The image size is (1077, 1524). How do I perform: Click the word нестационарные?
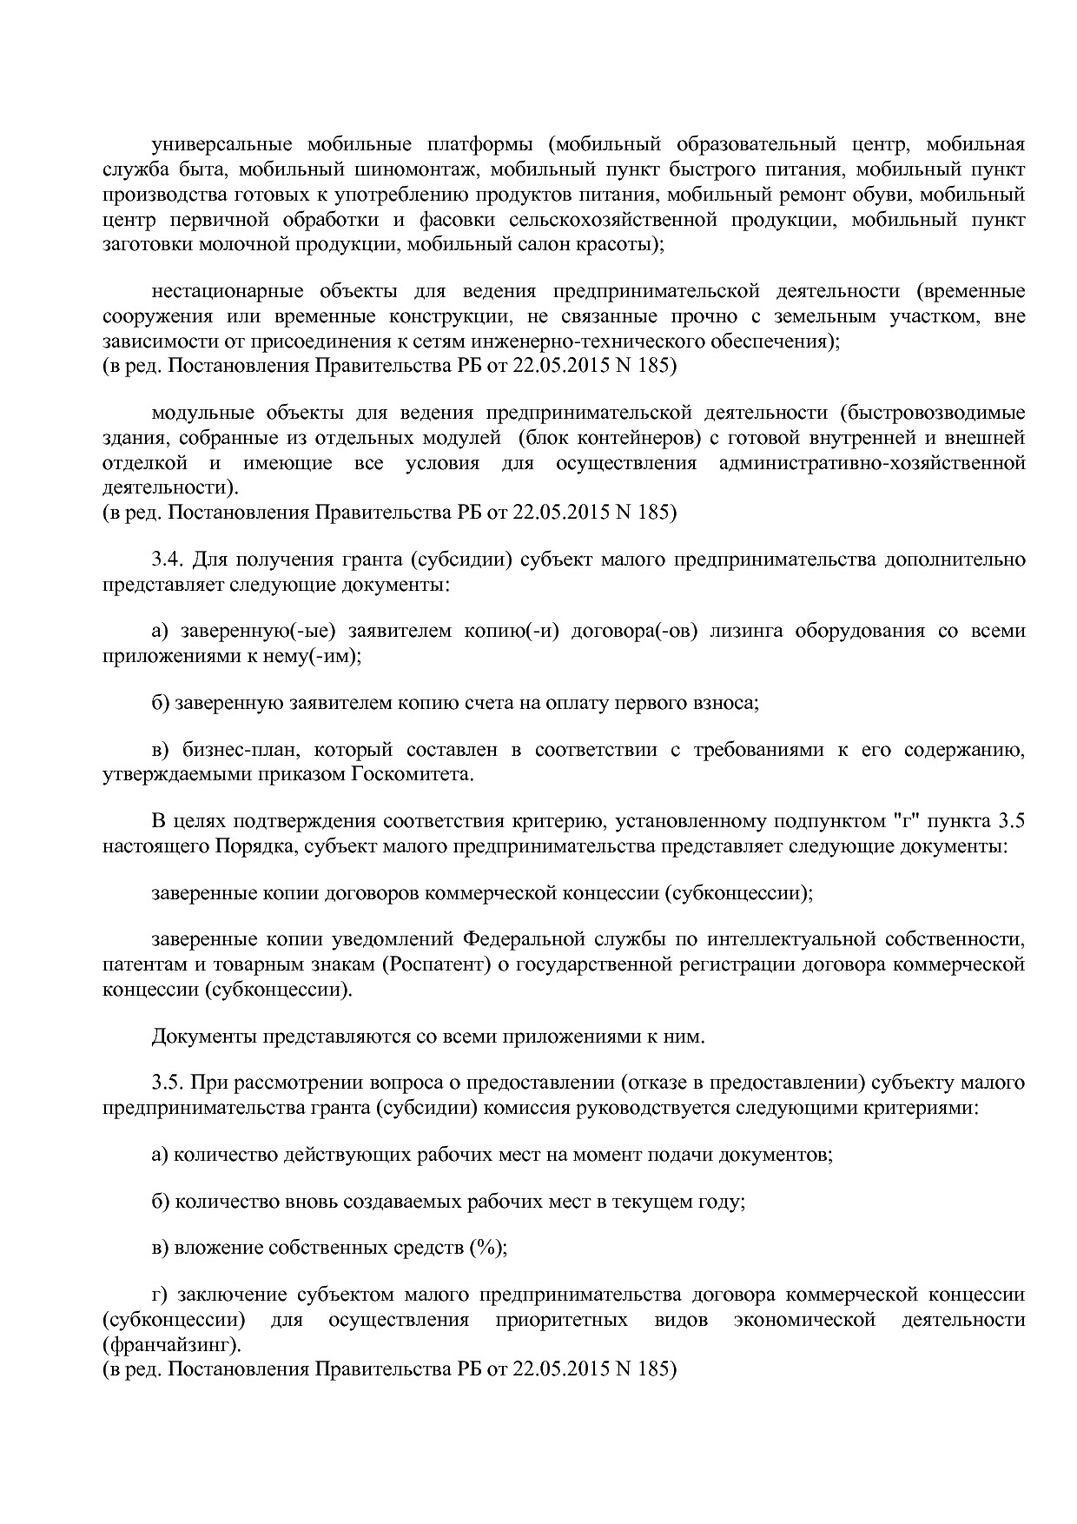pos(227,291)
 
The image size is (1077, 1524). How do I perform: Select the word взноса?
pos(730,703)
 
